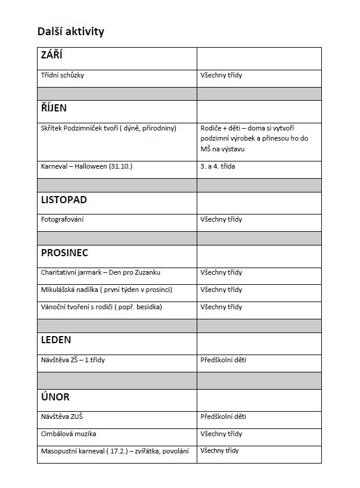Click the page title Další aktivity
[70, 32]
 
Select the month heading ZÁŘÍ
[52, 56]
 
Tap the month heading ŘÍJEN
[54, 108]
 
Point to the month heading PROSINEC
[64, 253]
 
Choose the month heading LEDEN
[56, 340]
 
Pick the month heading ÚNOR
[55, 397]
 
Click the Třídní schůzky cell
[66, 76]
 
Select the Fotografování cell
[62, 219]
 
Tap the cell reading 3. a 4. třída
[218, 166]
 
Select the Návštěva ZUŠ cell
[61, 416]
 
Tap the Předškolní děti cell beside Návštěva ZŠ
[224, 360]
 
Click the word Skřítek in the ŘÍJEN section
[51, 128]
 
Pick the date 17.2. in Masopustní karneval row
[119, 451]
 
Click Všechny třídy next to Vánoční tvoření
[221, 307]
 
